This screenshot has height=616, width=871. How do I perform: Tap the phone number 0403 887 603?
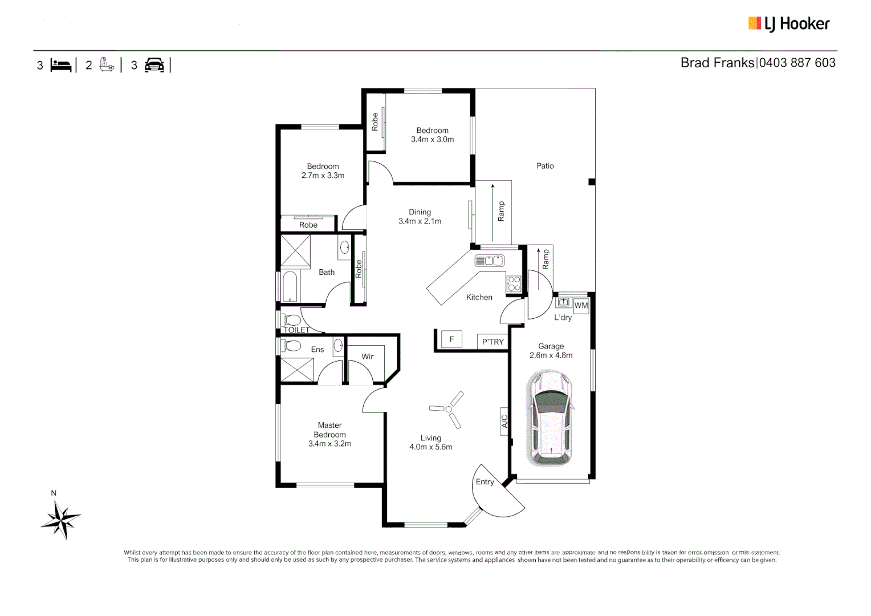pos(797,63)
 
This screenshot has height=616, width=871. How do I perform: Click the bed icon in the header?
pos(61,65)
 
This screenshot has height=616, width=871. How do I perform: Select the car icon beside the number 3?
pos(154,65)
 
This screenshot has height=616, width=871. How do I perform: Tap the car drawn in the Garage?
pos(551,418)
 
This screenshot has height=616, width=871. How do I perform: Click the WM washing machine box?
pos(581,306)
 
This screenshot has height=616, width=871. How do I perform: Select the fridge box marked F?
pos(451,340)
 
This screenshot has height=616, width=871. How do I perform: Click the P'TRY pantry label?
pos(493,342)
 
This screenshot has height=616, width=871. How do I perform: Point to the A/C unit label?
pos(504,422)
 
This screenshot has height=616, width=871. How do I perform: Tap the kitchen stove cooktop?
pos(514,283)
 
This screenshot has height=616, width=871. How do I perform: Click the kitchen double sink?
pos(489,261)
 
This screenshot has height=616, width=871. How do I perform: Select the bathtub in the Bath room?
pos(290,286)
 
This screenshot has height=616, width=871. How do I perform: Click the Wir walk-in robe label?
pos(367,356)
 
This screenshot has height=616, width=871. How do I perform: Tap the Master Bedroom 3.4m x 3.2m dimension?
pos(329,444)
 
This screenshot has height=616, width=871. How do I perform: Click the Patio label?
pos(544,166)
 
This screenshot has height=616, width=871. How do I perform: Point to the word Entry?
pos(485,482)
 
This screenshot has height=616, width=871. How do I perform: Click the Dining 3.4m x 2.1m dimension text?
pos(420,221)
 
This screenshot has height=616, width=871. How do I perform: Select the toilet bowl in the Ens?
pos(292,346)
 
